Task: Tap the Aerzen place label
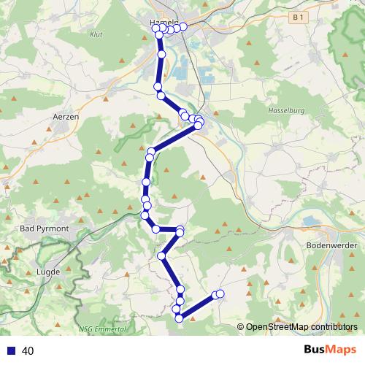click(66, 116)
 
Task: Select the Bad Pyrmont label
click(45, 228)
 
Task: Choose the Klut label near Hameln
click(96, 34)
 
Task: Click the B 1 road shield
click(296, 16)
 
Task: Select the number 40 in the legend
click(28, 351)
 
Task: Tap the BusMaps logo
click(330, 351)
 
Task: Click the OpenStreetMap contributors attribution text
click(301, 328)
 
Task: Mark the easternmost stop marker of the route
click(219, 294)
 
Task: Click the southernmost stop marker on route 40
click(179, 318)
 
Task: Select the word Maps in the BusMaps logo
click(341, 351)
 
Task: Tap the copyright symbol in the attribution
click(241, 328)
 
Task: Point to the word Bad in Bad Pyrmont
click(29, 228)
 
